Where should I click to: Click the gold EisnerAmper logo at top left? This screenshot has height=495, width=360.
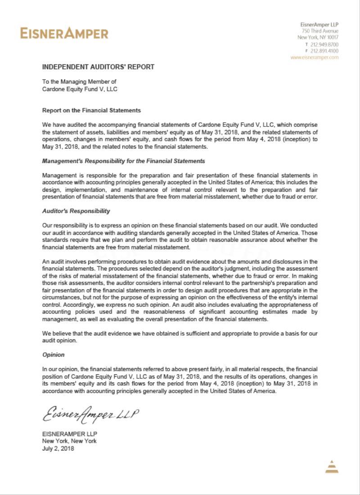click(x=64, y=33)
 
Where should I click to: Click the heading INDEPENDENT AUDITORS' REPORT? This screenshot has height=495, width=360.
click(x=98, y=67)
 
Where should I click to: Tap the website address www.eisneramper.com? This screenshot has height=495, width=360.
click(x=315, y=58)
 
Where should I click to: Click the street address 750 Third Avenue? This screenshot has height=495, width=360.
click(x=320, y=31)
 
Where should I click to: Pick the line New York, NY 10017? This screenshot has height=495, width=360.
click(x=318, y=38)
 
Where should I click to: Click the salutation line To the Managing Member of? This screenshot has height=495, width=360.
click(x=79, y=81)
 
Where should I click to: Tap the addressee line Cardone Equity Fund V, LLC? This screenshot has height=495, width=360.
click(x=80, y=89)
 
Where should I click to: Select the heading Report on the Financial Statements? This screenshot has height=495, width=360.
click(x=91, y=110)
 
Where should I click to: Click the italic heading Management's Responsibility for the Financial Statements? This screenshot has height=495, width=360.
click(x=123, y=161)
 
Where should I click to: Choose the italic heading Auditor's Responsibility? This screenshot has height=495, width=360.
click(x=76, y=211)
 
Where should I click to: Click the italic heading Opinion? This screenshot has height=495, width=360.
click(x=54, y=355)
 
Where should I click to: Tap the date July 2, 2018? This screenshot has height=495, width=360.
click(x=58, y=448)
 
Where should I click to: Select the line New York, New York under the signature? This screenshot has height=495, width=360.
click(x=69, y=441)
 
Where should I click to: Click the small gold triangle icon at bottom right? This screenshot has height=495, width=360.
click(x=332, y=467)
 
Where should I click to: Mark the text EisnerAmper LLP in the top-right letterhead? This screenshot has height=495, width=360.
click(x=319, y=24)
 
